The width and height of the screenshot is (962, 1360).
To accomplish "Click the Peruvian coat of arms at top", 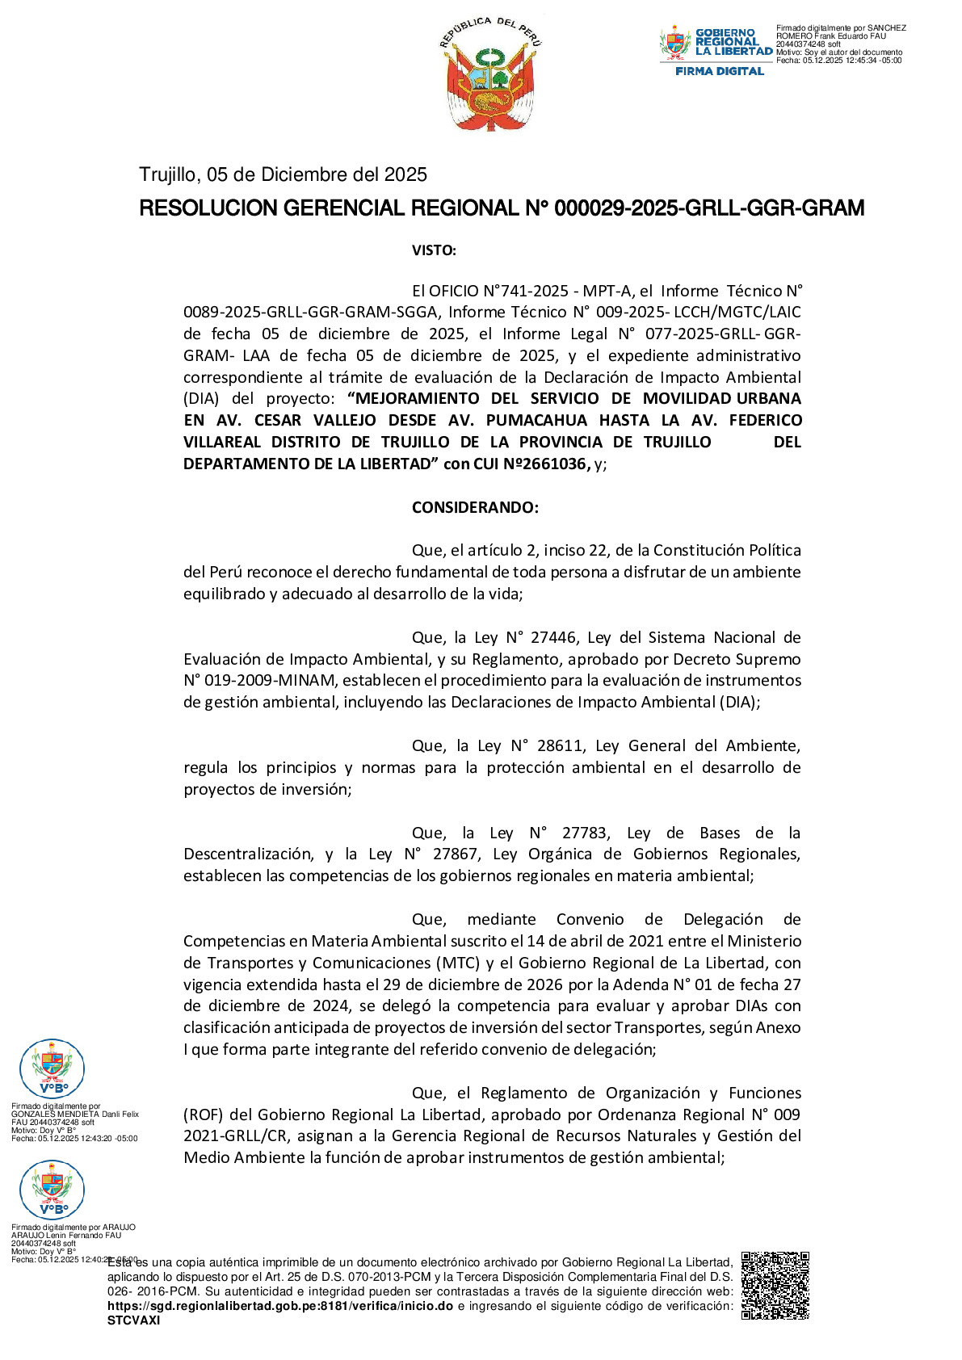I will tap(490, 74).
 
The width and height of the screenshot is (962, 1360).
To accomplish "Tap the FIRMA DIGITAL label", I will tap(720, 71).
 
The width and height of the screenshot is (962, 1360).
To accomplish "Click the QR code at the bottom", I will tap(775, 1285).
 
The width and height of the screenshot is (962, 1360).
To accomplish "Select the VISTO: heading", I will tap(434, 250).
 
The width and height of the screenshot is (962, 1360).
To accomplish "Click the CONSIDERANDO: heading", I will tap(475, 507).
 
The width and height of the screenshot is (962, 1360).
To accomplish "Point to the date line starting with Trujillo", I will tap(283, 174).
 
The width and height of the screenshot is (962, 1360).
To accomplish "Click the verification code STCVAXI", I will tap(134, 1320).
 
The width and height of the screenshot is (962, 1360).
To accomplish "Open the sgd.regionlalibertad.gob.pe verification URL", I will tap(279, 1306).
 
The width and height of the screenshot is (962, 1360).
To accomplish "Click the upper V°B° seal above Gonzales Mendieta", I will tap(52, 1068).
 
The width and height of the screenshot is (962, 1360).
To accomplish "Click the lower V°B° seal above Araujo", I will tap(52, 1190).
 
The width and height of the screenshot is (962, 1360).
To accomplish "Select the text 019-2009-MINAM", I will tap(258, 680).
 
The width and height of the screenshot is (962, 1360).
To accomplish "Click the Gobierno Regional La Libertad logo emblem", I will tap(675, 44).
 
